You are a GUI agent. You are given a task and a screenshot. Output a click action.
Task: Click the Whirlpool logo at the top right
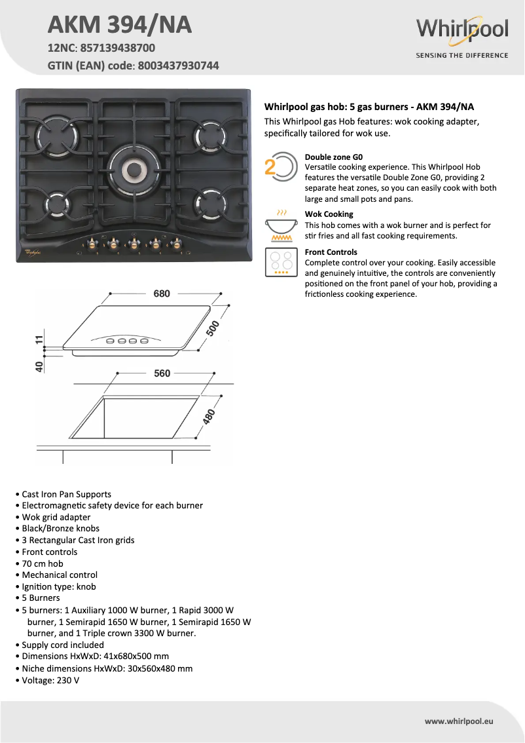(x=462, y=30)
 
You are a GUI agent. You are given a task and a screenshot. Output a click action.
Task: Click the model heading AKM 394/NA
(x=120, y=25)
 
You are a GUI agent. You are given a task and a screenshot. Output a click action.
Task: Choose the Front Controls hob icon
(x=280, y=262)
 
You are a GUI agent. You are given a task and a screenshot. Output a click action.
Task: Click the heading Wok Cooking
(x=329, y=214)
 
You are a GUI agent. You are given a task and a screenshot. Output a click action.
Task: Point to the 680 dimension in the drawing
(x=162, y=294)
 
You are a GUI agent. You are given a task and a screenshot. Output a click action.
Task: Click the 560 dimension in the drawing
(x=162, y=373)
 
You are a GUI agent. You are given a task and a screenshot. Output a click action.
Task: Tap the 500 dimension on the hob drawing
(x=213, y=328)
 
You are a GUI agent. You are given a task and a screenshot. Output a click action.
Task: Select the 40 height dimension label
(x=40, y=366)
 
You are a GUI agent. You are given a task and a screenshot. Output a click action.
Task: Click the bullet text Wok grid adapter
(x=56, y=517)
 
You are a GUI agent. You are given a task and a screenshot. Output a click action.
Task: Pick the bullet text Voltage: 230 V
(x=50, y=680)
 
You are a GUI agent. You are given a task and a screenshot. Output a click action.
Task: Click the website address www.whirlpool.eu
(x=458, y=721)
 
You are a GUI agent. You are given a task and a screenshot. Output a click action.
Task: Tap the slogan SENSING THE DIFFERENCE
(x=462, y=56)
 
